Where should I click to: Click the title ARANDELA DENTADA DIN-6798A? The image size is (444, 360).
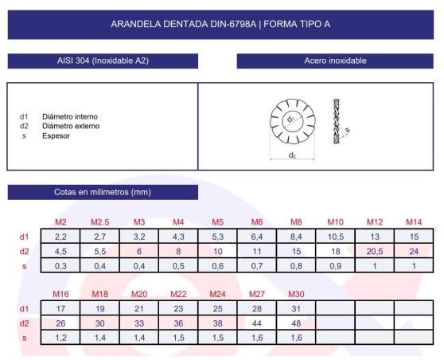point(220,24)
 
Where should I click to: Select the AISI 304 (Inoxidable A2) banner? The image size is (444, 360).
point(103,61)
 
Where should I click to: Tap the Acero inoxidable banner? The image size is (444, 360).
point(335,61)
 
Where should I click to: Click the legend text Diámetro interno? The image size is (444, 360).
point(70,116)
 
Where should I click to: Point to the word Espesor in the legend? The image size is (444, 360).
point(56,135)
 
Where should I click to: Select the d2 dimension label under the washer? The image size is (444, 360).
point(292,155)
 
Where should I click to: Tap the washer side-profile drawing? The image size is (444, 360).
point(339,125)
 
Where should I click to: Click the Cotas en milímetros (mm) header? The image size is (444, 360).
point(103,192)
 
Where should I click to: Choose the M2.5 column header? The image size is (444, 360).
point(99,221)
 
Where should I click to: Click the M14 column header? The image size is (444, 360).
point(414,221)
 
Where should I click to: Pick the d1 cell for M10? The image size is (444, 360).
point(335,237)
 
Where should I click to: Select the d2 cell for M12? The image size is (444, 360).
point(374,251)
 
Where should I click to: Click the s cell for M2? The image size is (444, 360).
point(60,265)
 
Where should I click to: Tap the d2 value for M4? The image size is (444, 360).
point(178,251)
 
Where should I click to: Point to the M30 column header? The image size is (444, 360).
point(296,294)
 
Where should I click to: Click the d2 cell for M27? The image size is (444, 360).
point(257,323)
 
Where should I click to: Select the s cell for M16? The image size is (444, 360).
point(60,338)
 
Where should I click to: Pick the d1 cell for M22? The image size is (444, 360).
point(178,308)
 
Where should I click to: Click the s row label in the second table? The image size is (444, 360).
point(24,338)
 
